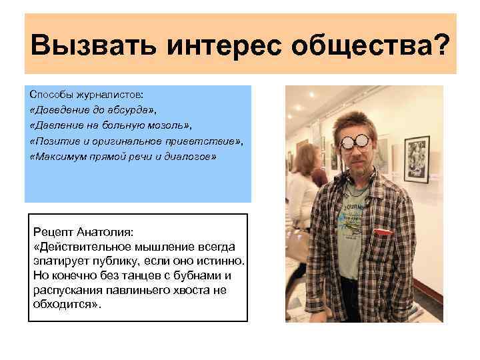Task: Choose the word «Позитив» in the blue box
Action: (51, 141)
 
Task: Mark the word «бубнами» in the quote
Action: (198, 275)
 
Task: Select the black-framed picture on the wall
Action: (417, 159)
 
